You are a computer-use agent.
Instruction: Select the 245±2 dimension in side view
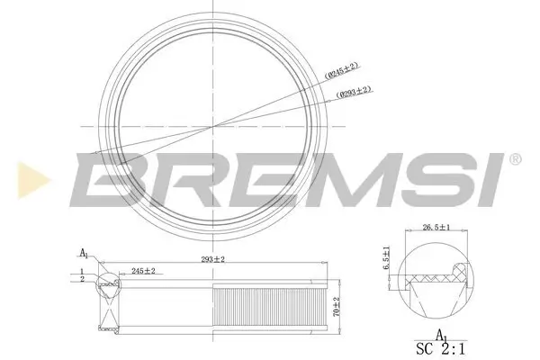(x=143, y=271)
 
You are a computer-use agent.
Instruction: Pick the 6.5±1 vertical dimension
(x=388, y=257)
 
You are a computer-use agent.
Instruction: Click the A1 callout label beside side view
(x=85, y=253)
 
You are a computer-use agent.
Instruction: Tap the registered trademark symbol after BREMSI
(x=514, y=159)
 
